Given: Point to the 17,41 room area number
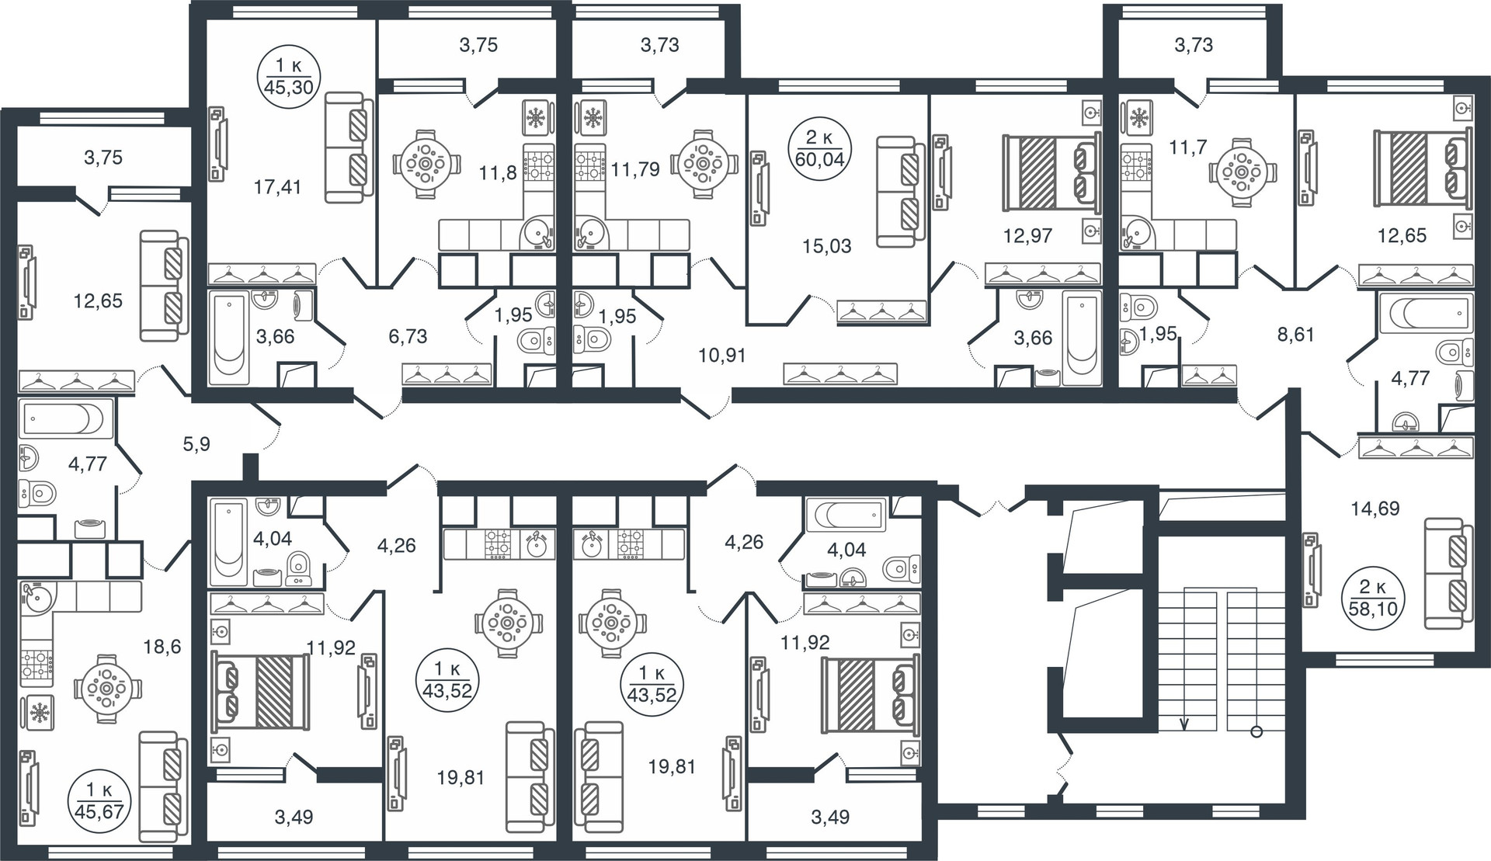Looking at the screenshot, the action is (277, 186).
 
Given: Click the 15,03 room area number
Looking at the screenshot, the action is (827, 246).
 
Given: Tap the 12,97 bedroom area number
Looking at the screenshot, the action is (1027, 235).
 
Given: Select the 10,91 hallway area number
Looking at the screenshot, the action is (721, 356).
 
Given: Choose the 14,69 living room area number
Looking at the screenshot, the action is (1375, 509).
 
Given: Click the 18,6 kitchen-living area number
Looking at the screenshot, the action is (162, 646).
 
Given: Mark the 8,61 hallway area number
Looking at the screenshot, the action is (1295, 335).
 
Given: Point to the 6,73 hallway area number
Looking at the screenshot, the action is (408, 336).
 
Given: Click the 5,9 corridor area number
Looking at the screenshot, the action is (196, 444).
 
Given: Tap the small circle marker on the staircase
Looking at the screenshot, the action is (1256, 731).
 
